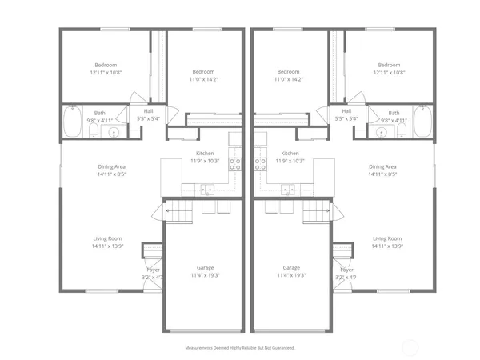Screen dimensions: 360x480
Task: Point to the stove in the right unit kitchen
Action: (x=260, y=164)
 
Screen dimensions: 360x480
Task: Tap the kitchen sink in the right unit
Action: (x=287, y=190)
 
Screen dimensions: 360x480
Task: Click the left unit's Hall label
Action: (x=149, y=111)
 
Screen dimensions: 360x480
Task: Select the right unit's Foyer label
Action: (x=346, y=270)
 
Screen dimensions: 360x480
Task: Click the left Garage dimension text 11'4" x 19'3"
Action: (x=205, y=276)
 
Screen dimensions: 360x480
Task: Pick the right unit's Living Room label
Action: (x=386, y=238)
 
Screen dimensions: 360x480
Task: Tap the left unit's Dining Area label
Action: (x=111, y=166)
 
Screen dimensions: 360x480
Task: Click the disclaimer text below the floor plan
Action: (x=240, y=349)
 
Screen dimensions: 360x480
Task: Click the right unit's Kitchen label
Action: (x=290, y=153)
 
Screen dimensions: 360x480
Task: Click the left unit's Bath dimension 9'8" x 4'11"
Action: (x=101, y=121)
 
